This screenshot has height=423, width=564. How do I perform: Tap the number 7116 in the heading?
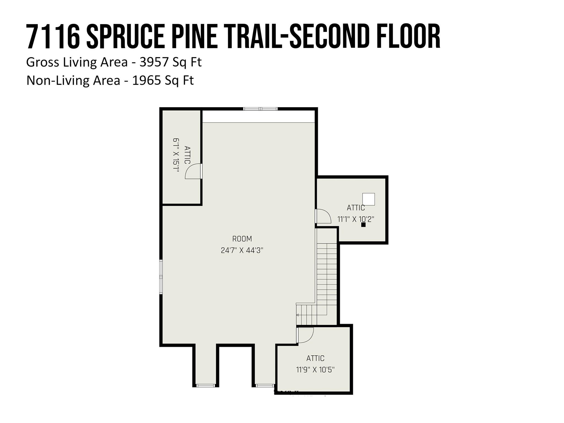(x=52, y=37)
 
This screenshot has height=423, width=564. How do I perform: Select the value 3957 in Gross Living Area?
(x=154, y=62)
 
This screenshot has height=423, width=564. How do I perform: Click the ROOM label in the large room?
(x=242, y=239)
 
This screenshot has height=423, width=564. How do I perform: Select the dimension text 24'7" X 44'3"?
(x=242, y=251)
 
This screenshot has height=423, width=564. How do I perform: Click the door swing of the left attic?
(x=193, y=172)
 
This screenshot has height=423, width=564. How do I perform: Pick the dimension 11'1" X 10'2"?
(x=356, y=219)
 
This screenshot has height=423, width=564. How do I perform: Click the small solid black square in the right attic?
(x=363, y=225)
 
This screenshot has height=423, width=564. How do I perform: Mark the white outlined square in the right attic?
(x=368, y=199)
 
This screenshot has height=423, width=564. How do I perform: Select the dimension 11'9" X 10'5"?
(x=315, y=370)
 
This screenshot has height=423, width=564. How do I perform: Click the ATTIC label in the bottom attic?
(x=315, y=358)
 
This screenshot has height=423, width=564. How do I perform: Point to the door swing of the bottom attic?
(x=306, y=335)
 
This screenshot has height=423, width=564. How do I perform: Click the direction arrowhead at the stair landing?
(x=298, y=315)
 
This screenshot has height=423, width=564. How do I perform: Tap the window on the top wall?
(x=260, y=109)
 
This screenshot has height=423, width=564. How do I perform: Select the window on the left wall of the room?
(x=161, y=278)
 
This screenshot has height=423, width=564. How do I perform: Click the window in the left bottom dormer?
(x=206, y=386)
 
